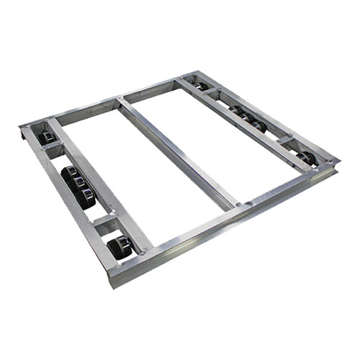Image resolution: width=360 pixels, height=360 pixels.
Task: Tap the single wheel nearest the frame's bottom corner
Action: tap(119, 247)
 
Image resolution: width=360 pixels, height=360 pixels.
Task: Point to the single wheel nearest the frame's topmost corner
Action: tap(199, 86)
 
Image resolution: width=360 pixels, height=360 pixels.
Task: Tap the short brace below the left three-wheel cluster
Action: tap(104, 220)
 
